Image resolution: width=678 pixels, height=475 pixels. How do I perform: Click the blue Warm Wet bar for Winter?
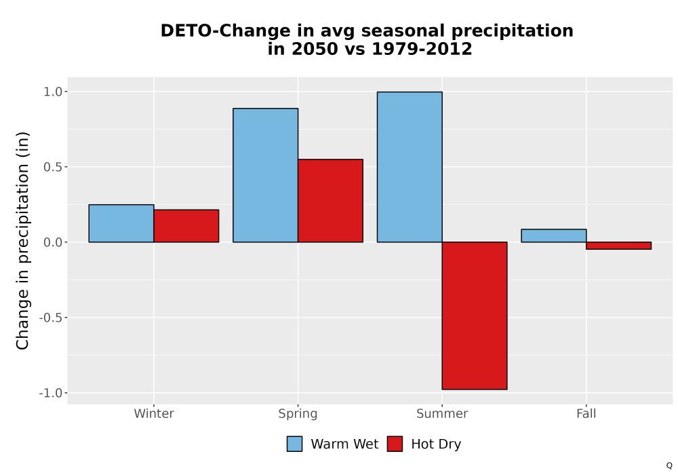click(x=121, y=223)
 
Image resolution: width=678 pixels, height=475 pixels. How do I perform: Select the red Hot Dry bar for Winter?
click(x=186, y=226)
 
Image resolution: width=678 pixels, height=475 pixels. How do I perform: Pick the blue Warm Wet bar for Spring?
click(x=266, y=175)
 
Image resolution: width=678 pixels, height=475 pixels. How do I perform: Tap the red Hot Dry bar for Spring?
click(x=330, y=201)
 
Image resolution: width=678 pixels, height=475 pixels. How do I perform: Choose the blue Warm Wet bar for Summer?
click(x=410, y=167)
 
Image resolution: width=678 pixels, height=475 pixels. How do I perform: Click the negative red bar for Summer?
click(x=475, y=316)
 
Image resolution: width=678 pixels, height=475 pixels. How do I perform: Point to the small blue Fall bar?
click(x=554, y=235)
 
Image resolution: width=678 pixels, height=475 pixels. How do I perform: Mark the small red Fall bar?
click(x=619, y=246)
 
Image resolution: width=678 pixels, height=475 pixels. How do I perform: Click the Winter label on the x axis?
click(x=154, y=413)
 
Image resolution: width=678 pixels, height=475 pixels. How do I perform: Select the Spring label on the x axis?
click(x=298, y=414)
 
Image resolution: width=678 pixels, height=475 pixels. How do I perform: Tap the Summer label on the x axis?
click(x=442, y=413)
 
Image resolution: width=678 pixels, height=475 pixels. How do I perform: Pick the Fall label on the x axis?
click(x=586, y=413)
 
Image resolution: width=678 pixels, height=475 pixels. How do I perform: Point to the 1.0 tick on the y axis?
click(x=53, y=92)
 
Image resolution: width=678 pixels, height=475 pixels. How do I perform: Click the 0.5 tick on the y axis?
click(x=53, y=167)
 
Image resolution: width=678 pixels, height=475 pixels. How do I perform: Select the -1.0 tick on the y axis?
click(x=51, y=393)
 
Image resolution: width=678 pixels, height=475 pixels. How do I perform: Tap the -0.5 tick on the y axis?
click(x=51, y=318)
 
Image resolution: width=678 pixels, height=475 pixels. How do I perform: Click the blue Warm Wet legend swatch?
click(x=294, y=444)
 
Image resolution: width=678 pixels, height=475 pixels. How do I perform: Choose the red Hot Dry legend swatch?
click(x=395, y=444)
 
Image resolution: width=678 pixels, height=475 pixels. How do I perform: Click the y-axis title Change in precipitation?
click(x=22, y=240)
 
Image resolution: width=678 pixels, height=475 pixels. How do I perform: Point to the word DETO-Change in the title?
click(x=225, y=31)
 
